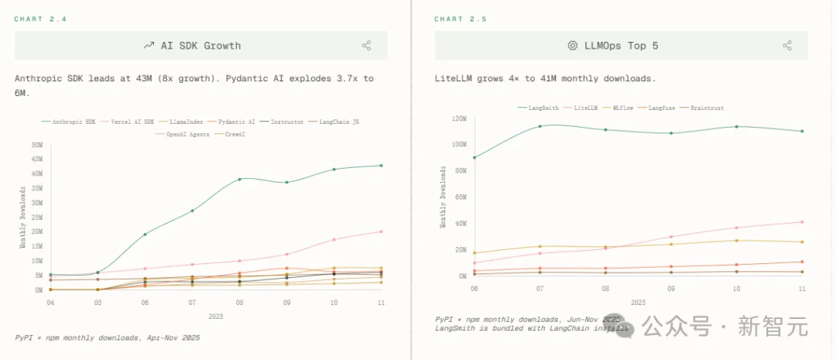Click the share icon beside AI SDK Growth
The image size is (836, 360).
pyautogui.click(x=366, y=46)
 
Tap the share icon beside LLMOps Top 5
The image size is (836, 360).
pyautogui.click(x=787, y=46)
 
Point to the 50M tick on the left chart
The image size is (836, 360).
pyautogui.click(x=37, y=145)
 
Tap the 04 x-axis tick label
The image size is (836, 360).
pyautogui.click(x=50, y=303)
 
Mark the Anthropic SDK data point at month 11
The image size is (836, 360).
pyautogui.click(x=381, y=165)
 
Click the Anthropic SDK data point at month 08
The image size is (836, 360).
pyautogui.click(x=239, y=179)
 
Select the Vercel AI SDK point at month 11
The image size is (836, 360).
pyautogui.click(x=381, y=231)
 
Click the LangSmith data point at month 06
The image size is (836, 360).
pyautogui.click(x=474, y=157)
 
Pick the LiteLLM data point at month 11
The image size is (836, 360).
pyautogui.click(x=802, y=222)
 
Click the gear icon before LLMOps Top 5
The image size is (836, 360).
pyautogui.click(x=573, y=46)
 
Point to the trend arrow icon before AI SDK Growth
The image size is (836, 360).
pyautogui.click(x=149, y=46)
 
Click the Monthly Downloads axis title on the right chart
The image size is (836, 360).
pyautogui.click(x=443, y=197)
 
